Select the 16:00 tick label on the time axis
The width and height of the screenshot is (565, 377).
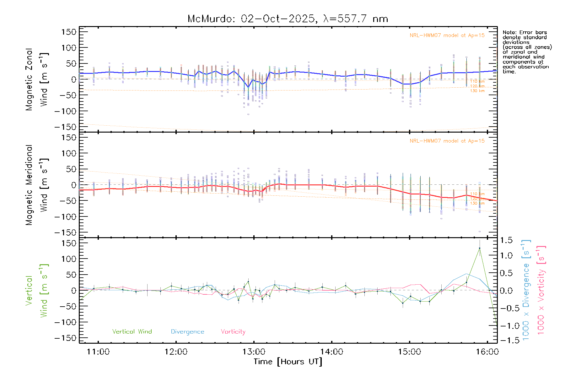pyautogui.click(x=487, y=352)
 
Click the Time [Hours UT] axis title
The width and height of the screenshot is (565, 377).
pyautogui.click(x=288, y=362)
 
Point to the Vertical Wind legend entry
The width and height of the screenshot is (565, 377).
pyautogui.click(x=132, y=331)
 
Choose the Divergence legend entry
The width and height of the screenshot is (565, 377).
pyautogui.click(x=187, y=331)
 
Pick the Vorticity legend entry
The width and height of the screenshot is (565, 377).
pyautogui.click(x=233, y=331)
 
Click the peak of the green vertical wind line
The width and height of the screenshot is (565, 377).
pyautogui.click(x=479, y=248)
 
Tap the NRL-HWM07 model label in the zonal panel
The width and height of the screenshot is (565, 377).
pyautogui.click(x=447, y=35)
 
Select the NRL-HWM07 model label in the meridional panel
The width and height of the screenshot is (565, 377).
pyautogui.click(x=447, y=141)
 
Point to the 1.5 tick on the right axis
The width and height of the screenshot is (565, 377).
pyautogui.click(x=506, y=240)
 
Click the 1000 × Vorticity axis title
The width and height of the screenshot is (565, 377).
pyautogui.click(x=541, y=290)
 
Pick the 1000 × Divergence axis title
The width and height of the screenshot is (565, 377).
pyautogui.click(x=526, y=290)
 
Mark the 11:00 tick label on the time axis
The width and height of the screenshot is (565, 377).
pyautogui.click(x=98, y=352)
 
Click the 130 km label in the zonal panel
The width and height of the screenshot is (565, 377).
pyautogui.click(x=477, y=91)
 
